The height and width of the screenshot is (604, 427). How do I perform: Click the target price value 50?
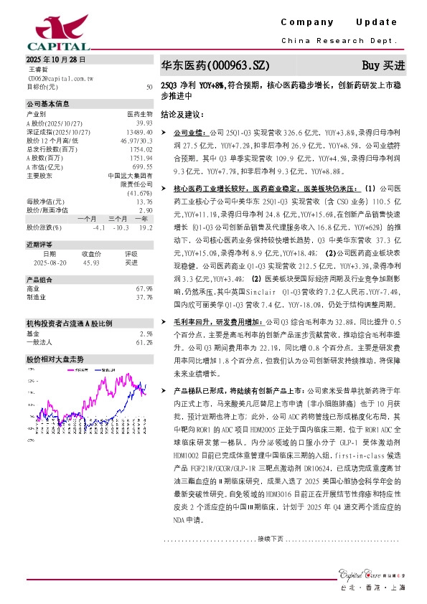point(149,86)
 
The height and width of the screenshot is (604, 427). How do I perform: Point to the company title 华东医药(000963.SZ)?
point(215,66)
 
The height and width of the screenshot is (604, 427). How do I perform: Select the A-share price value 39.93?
point(144,123)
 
